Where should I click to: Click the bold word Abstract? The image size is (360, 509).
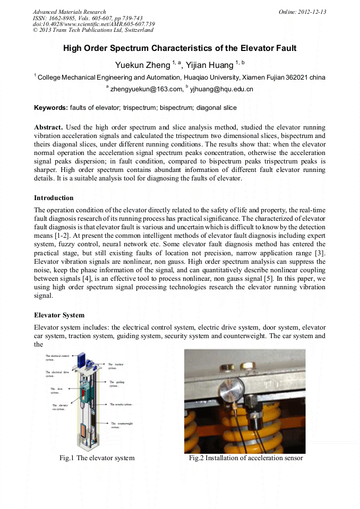[x=48, y=127]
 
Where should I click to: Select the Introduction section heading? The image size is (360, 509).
[x=54, y=198]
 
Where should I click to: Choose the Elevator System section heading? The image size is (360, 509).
[x=59, y=315]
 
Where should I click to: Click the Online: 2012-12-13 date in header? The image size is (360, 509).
[x=302, y=12]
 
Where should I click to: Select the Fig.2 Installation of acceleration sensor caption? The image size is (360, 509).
[x=246, y=458]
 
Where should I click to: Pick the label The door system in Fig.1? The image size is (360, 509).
[x=55, y=391]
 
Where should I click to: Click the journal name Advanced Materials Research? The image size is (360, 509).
[x=70, y=12]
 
